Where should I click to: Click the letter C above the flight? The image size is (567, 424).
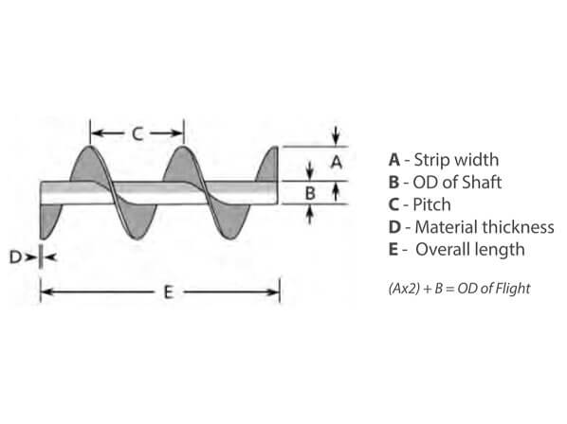[x=137, y=133]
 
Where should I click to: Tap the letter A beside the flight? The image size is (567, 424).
[x=337, y=162]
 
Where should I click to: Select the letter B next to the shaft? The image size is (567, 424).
[x=310, y=193]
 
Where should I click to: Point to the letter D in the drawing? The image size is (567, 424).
[x=15, y=257]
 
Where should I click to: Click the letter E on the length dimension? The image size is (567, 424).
[x=169, y=291]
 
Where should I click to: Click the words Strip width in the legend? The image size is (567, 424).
[x=456, y=160]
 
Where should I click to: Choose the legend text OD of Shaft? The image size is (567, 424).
[x=457, y=182]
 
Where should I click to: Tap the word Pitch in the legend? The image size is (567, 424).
[x=431, y=204]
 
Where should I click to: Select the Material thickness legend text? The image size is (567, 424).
[x=485, y=227]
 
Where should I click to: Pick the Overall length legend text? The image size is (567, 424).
[x=470, y=249]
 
